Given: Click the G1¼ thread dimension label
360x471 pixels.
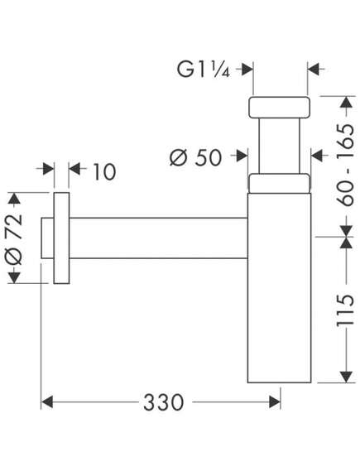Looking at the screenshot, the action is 204,70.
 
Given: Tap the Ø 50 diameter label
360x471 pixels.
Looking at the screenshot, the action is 195,157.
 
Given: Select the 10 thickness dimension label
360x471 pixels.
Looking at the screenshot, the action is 104,172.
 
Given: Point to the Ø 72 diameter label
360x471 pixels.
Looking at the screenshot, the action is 14,240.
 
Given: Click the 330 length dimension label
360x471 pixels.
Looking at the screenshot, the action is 163,402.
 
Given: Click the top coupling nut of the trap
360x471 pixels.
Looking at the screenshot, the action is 279,108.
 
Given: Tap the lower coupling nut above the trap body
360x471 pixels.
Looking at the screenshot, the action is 279,183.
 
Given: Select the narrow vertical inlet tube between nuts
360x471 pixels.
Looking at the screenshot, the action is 279,146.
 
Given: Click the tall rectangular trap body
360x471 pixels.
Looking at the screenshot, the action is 279,288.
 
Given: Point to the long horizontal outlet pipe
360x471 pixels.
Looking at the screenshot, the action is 159,238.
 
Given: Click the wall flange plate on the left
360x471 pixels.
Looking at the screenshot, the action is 61,238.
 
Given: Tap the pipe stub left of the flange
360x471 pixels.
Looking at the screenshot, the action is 47,238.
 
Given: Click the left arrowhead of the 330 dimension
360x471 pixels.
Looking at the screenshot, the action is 47,402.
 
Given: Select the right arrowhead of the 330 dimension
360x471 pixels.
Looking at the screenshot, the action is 275,402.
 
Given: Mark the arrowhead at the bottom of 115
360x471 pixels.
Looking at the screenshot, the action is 346,377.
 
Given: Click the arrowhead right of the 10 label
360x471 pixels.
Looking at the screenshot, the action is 74,169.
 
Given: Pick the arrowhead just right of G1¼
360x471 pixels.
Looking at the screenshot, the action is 247,70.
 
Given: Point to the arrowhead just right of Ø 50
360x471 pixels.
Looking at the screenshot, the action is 242,156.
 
